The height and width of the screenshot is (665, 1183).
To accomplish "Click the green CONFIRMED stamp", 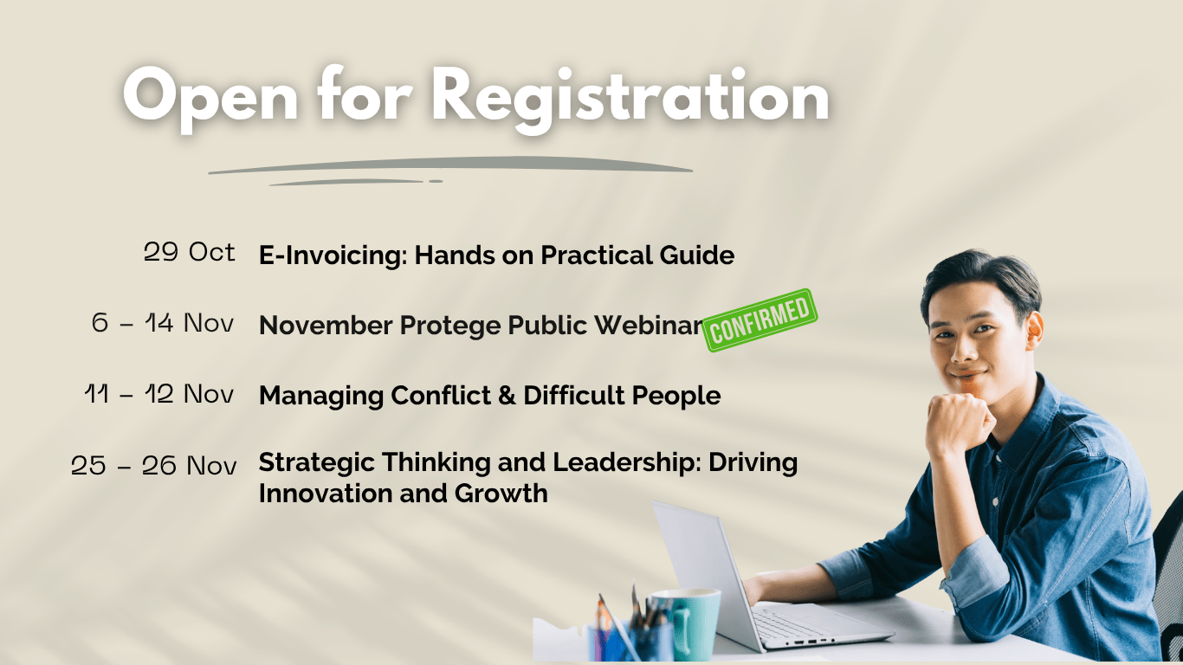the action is [x=760, y=320].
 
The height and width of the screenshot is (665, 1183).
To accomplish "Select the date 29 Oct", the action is [x=189, y=252].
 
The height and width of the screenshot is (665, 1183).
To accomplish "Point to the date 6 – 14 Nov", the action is [x=163, y=323].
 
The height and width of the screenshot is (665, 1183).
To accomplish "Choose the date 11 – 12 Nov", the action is [x=159, y=393].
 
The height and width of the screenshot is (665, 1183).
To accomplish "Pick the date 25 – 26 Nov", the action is [x=153, y=465].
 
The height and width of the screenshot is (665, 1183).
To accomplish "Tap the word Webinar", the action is [x=650, y=325].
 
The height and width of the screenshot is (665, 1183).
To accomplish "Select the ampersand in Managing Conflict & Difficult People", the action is [x=507, y=396].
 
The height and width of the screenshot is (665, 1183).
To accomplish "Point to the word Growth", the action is [x=501, y=494].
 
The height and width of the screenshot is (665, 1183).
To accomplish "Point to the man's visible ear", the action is [x=1033, y=331].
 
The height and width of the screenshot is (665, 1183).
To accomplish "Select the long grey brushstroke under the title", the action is [x=450, y=165].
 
